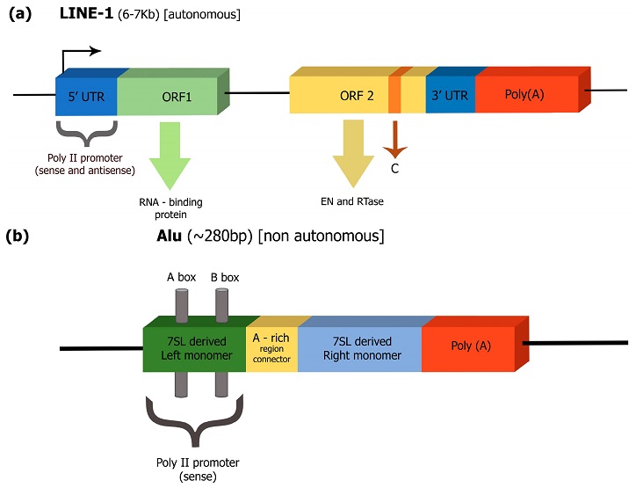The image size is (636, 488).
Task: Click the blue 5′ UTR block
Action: click(x=86, y=96)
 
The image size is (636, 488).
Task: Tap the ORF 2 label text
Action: click(x=357, y=96)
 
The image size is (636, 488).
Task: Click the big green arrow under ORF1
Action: click(x=170, y=156)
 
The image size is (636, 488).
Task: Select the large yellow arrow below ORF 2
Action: click(x=353, y=154)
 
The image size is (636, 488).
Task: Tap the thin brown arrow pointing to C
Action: click(x=395, y=139)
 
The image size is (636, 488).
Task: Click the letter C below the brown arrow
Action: click(x=395, y=169)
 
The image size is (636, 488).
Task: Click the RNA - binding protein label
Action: click(x=170, y=208)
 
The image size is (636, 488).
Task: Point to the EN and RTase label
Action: click(x=352, y=201)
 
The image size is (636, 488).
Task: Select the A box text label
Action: click(x=181, y=277)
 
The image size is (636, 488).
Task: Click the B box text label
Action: click(x=225, y=277)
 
